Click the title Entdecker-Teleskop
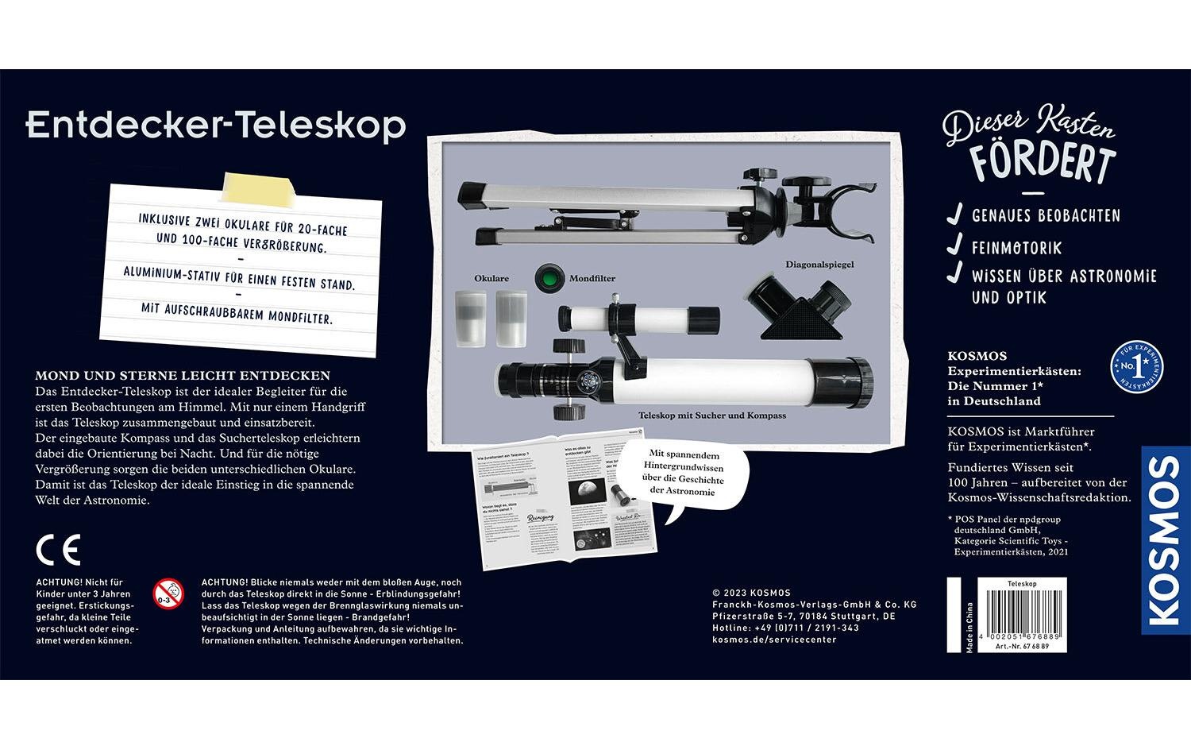point(216,126)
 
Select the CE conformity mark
point(58,549)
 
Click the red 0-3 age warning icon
point(168,592)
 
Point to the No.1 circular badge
point(1139,366)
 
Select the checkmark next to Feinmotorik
point(955,247)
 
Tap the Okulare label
point(491,279)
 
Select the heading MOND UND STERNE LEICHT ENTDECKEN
point(183,375)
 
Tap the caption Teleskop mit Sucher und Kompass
point(712,416)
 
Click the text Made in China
point(969,628)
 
